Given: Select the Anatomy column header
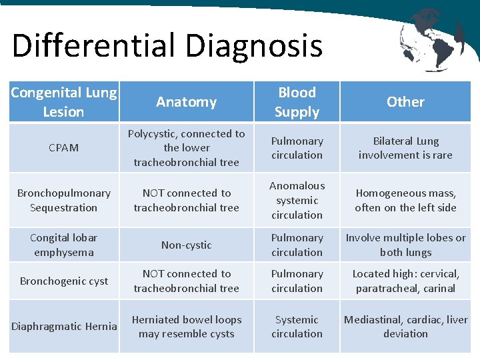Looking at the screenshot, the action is (186, 102).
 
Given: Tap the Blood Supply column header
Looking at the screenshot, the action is (297, 102).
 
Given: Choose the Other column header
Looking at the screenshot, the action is (405, 102).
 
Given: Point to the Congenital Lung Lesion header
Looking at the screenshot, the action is (64, 102).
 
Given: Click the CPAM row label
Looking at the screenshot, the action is (64, 148).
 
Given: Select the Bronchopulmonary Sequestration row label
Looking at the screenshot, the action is (64, 200).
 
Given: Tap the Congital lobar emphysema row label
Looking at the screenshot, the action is (64, 245).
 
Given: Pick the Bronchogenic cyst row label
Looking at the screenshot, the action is (64, 281).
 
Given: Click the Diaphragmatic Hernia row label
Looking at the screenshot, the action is (64, 326).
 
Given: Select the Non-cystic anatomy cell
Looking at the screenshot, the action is (186, 245).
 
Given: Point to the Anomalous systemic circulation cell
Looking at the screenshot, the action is (297, 200).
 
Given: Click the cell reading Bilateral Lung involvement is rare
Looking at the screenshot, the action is (405, 148).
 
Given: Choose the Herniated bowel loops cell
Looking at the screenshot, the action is (186, 327).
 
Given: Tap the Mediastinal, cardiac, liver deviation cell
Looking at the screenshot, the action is (405, 327).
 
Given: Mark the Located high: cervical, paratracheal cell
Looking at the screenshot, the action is (405, 281).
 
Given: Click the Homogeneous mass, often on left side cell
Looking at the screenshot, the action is (405, 200).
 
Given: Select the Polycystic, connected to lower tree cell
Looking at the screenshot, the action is (186, 148).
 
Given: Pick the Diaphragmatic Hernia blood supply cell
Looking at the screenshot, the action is (297, 327).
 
